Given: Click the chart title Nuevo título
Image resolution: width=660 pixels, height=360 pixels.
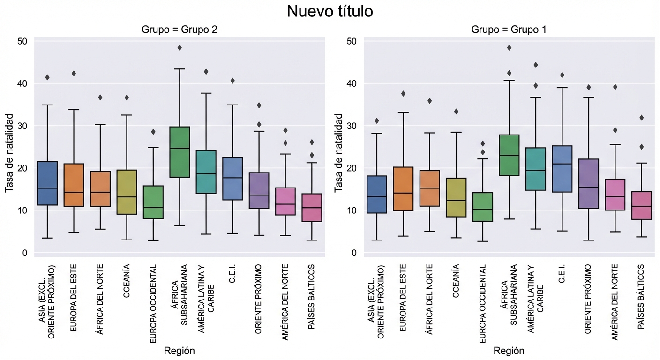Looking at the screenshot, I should coord(330,11).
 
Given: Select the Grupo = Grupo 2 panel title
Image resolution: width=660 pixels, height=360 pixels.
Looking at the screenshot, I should coord(180,30).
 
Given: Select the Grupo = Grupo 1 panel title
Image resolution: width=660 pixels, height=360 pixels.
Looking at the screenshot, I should coord(509,30).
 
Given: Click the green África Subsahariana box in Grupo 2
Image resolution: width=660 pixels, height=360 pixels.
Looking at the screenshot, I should coord(180,152).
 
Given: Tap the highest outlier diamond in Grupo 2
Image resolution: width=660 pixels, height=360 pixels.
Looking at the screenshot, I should coord(180,48).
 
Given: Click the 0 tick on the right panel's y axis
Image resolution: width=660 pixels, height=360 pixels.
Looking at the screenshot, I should coord(354,253).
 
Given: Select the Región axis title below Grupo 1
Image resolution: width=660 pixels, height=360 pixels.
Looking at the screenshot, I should coord(509,351).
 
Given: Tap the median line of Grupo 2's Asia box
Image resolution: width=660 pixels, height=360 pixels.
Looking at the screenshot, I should coord(47,188).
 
